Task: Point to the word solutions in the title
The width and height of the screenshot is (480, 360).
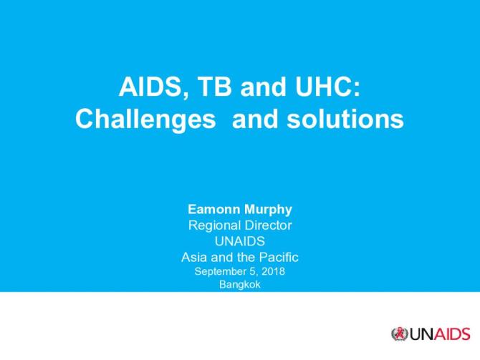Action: click(350, 119)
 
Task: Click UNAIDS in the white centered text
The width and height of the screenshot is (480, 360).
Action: click(239, 241)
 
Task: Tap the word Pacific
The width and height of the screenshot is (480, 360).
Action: click(279, 256)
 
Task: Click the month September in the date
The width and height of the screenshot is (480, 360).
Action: click(219, 271)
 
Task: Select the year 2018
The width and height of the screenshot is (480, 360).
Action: click(274, 271)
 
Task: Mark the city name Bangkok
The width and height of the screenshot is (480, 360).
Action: click(239, 284)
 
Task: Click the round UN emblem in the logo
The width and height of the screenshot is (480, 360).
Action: click(399, 334)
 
